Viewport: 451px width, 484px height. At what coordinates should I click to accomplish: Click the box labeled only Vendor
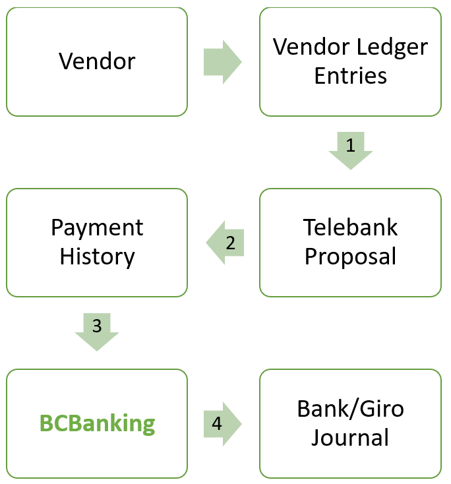pos(97,62)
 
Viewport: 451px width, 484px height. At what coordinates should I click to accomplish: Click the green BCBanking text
pos(97,423)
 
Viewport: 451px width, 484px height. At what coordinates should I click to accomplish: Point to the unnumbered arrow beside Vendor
pos(222,62)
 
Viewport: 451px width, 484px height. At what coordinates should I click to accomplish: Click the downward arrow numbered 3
pos(97,330)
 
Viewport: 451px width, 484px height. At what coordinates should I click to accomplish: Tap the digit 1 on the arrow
pos(350,146)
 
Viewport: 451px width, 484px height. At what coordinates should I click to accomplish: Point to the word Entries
pos(350,76)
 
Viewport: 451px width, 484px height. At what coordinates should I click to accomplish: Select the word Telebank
pos(350,228)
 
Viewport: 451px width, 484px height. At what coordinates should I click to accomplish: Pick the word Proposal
pos(350,257)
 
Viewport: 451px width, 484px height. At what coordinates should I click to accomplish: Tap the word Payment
pos(97,228)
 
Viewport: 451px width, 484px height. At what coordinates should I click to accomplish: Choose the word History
pos(97,257)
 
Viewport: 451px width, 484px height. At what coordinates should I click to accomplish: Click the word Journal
pos(350,438)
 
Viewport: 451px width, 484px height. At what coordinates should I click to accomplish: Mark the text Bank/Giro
pos(350,409)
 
